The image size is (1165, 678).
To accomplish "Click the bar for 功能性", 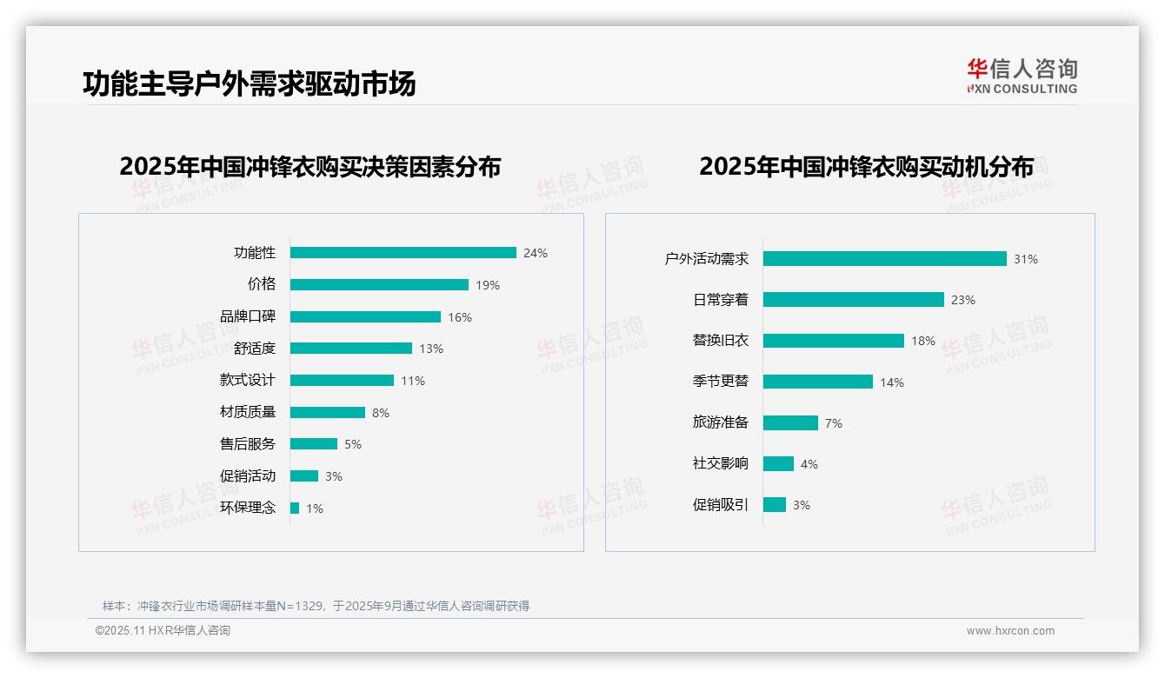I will tap(403, 253).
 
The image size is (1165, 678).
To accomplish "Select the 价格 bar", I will tap(379, 285).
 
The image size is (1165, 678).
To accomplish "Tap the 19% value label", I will tap(488, 285).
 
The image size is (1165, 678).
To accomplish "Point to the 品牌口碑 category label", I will tap(248, 316).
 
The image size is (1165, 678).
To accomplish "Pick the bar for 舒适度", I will tap(350, 349).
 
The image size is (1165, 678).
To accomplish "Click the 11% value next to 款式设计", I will tap(413, 381).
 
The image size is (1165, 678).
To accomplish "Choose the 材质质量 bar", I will tap(327, 413).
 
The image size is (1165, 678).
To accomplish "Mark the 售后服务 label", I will tap(248, 444).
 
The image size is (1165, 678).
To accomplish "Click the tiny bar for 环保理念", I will tap(295, 508).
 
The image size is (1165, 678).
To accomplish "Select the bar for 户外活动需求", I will tap(884, 259).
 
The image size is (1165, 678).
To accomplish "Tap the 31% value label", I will tap(1026, 259).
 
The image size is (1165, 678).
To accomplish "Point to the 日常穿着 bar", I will tap(853, 300).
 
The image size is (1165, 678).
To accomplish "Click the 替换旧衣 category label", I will tap(720, 341).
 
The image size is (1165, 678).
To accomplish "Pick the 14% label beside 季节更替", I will tap(892, 382).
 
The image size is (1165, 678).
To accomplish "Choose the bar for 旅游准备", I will tap(790, 422).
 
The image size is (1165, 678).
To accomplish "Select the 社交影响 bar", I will tap(778, 464).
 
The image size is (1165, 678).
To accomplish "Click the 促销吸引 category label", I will tap(720, 504).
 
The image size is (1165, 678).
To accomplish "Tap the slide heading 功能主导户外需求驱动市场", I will tap(250, 83).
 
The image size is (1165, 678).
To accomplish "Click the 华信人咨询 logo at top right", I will tap(1022, 76).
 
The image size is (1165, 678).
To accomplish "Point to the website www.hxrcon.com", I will tap(1010, 631).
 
